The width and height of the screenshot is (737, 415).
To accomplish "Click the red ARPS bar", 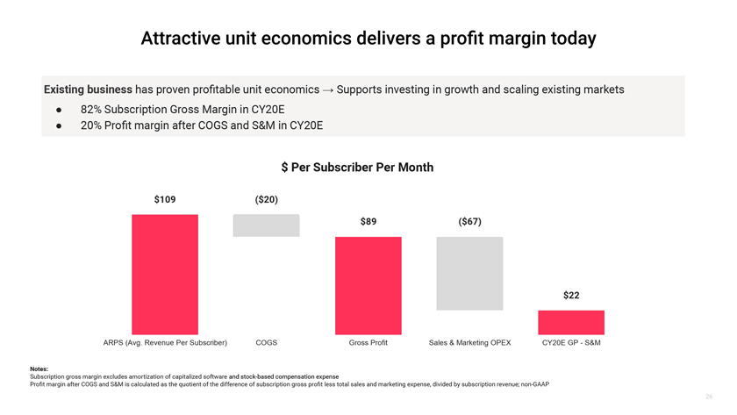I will coord(165,274).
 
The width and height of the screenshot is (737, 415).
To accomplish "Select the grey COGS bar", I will coord(266,225).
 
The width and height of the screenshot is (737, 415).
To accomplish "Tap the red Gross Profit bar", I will coord(368,285).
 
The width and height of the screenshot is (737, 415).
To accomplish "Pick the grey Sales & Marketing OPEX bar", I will coord(469,273).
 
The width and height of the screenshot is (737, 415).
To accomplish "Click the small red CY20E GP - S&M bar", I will coord(571,322).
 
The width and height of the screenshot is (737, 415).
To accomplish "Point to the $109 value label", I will coord(165,200).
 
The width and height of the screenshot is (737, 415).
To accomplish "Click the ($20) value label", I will coord(266,200).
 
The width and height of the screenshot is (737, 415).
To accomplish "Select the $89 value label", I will coord(368,222).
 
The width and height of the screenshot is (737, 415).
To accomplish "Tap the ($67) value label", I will coord(469,222).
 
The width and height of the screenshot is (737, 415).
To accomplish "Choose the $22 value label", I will coord(571,296).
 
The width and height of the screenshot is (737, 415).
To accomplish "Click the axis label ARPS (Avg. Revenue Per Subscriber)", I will coord(165,342).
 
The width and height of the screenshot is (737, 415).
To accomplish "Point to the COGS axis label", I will coord(266,342).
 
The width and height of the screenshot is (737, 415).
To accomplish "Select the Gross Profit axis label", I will coord(368,342).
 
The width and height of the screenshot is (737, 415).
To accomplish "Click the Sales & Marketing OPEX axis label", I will coord(469,342).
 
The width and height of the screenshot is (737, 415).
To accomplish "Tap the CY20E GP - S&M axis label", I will coord(571,342).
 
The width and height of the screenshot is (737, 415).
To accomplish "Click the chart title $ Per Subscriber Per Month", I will coord(357,168).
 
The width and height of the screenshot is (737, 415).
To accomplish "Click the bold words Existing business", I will coord(88,89).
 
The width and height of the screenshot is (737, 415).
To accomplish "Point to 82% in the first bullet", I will coord(92,110).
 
